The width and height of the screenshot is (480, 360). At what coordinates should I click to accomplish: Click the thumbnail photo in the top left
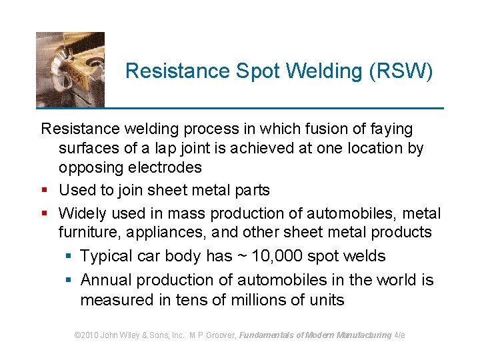point(70,69)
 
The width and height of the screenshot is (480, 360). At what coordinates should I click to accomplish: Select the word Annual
point(107,280)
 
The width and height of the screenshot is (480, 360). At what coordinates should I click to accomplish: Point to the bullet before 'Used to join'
point(44,191)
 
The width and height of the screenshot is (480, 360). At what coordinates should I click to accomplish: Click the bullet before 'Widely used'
point(44,214)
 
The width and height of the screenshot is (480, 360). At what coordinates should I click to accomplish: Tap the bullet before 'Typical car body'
point(69,257)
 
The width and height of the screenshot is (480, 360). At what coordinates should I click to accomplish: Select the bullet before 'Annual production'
point(69,281)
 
